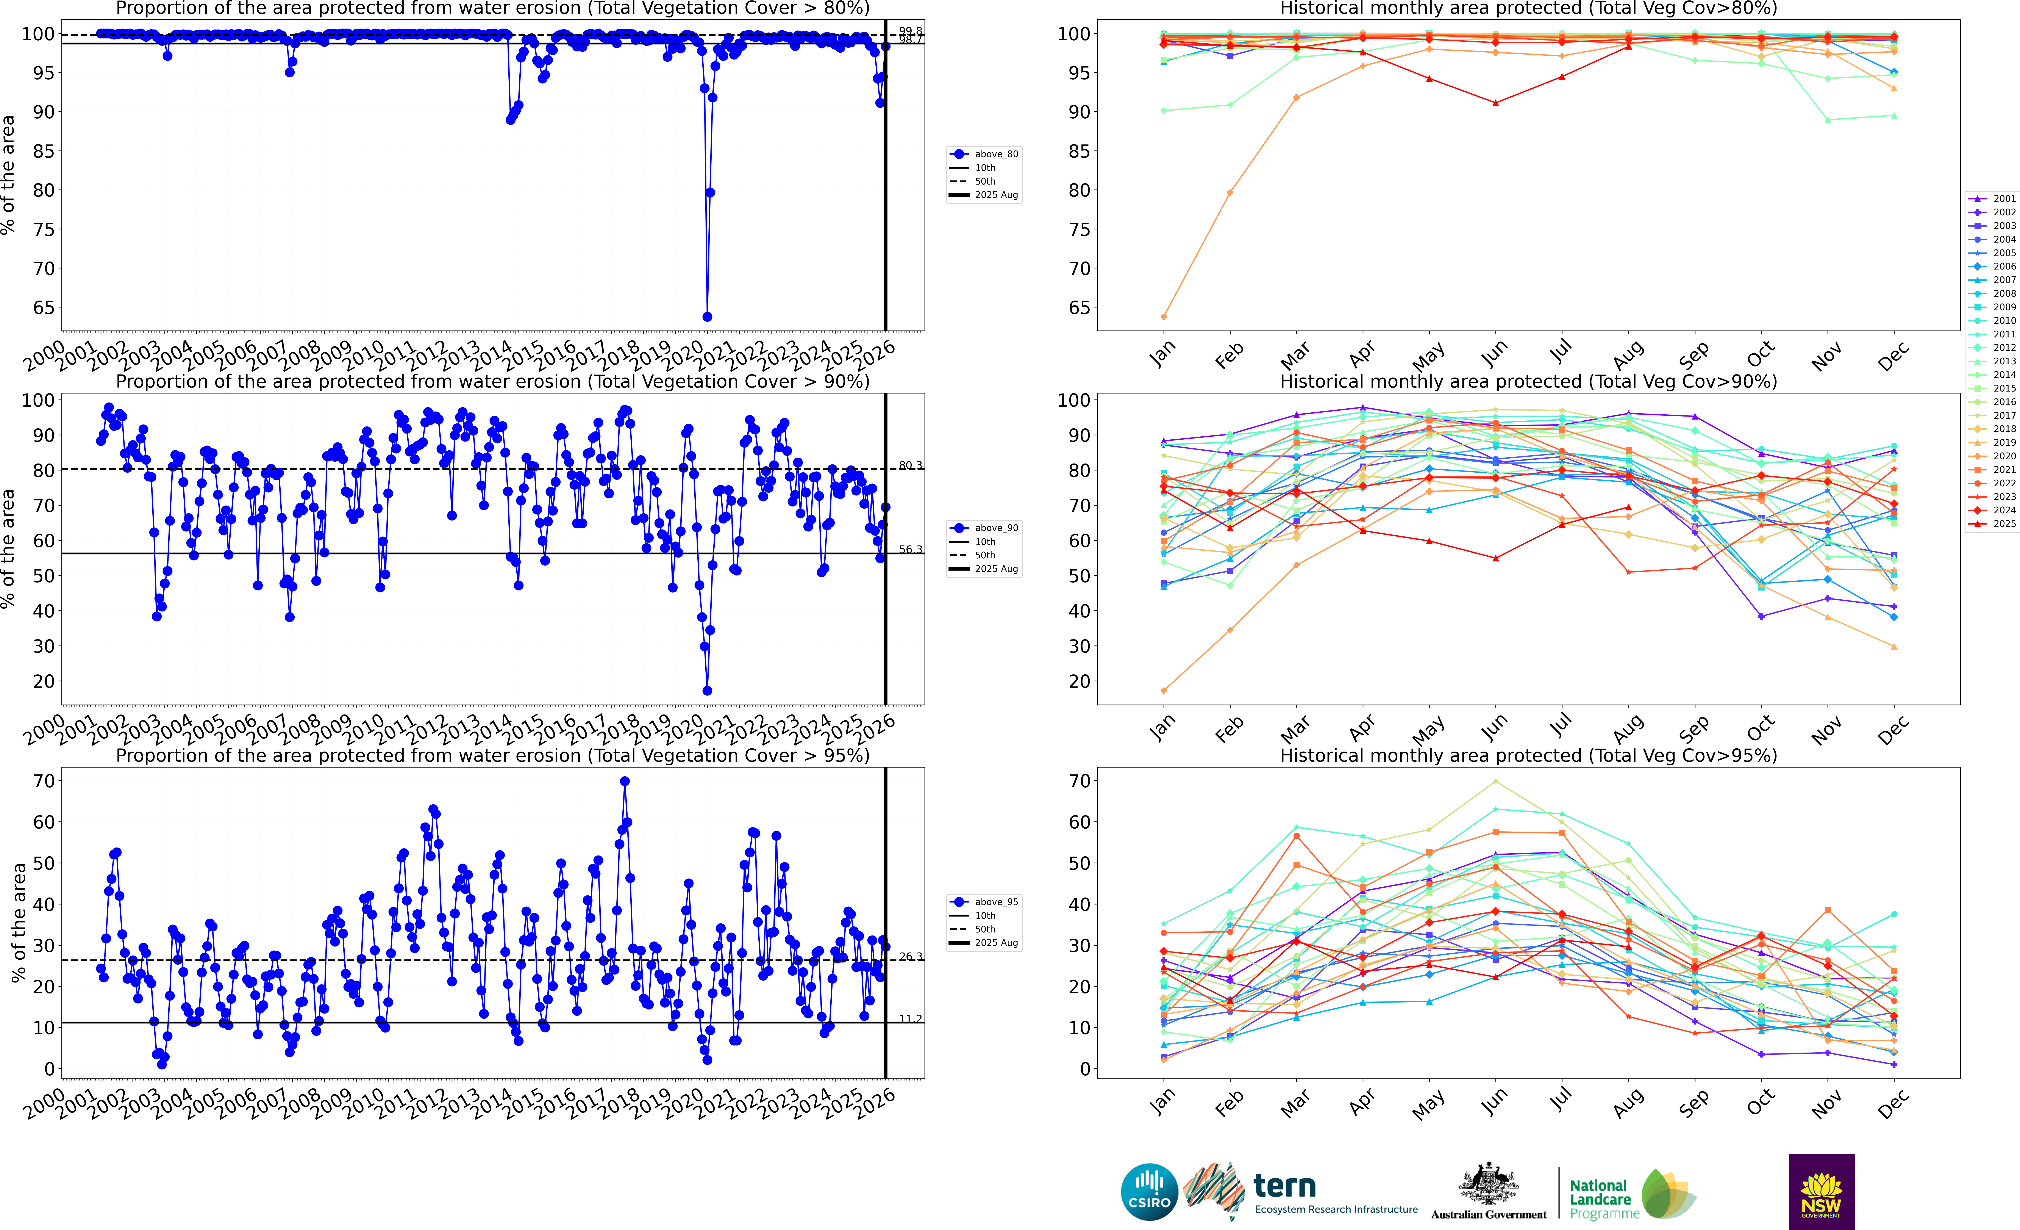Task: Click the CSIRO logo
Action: pyautogui.click(x=1149, y=1191)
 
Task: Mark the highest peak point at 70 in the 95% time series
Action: pyautogui.click(x=625, y=782)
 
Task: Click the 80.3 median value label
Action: pyautogui.click(x=910, y=466)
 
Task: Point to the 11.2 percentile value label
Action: pyautogui.click(x=910, y=1018)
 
